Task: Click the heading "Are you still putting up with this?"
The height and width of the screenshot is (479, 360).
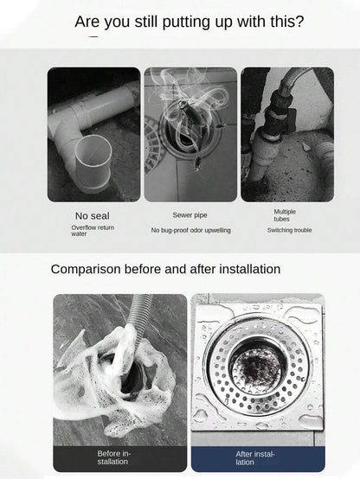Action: click(x=190, y=22)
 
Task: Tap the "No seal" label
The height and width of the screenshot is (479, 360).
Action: click(x=92, y=216)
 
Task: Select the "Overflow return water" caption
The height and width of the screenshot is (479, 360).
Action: click(x=93, y=231)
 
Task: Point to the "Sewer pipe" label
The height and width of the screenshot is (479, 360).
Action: click(x=190, y=215)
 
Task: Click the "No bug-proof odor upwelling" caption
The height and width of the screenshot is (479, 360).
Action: click(x=191, y=230)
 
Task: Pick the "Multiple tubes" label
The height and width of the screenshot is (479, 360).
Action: click(x=285, y=215)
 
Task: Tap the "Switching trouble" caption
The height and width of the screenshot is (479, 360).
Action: click(x=289, y=230)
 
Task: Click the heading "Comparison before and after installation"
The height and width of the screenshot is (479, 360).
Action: click(x=165, y=270)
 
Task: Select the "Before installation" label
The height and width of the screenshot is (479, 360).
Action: click(x=113, y=457)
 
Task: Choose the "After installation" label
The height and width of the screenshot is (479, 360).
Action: click(x=255, y=458)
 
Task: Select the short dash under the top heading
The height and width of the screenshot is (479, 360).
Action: click(x=93, y=36)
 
